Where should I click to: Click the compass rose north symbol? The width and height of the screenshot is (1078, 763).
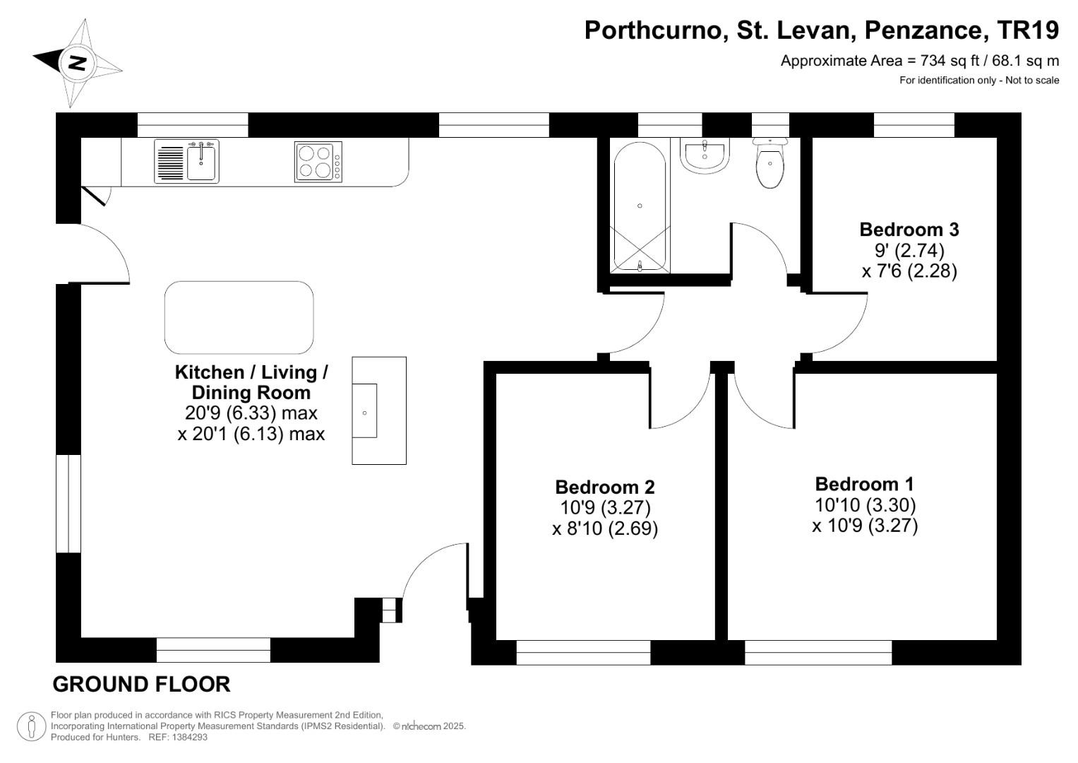pyautogui.click(x=77, y=63)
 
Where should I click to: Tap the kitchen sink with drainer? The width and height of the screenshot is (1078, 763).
pyautogui.click(x=187, y=161)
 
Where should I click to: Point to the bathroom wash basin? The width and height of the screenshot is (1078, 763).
pyautogui.click(x=704, y=155)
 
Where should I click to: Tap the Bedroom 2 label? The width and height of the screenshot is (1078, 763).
pyautogui.click(x=604, y=487)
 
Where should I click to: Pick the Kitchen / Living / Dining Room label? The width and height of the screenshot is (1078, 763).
pyautogui.click(x=251, y=382)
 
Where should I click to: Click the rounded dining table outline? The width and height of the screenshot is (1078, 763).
pyautogui.click(x=239, y=317)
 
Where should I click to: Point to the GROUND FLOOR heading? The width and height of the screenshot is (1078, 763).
pyautogui.click(x=141, y=684)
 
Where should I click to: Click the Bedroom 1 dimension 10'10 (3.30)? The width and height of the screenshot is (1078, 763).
pyautogui.click(x=865, y=505)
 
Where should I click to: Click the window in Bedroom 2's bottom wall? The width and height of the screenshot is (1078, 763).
pyautogui.click(x=583, y=653)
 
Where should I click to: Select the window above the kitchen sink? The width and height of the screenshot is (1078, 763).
pyautogui.click(x=193, y=125)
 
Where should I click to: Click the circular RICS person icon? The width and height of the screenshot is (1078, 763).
pyautogui.click(x=32, y=726)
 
